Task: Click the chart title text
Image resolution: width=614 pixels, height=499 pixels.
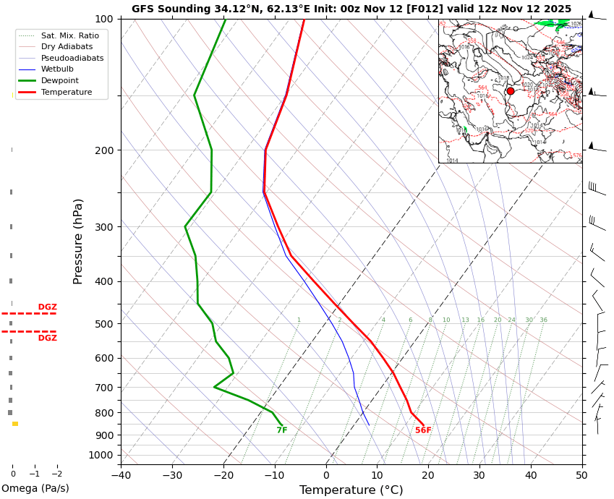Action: point(351,9)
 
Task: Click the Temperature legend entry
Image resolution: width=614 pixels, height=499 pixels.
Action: point(67,93)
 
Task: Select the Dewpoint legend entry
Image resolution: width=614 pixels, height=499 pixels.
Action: point(60,81)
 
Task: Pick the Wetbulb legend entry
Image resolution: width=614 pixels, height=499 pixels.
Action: point(57,69)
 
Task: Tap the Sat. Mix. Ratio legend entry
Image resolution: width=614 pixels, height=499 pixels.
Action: point(70,35)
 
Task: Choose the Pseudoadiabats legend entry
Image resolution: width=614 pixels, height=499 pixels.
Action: point(72,58)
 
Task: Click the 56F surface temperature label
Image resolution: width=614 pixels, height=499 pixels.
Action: point(423,431)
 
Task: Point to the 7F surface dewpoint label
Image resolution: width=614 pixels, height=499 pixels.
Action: point(282,431)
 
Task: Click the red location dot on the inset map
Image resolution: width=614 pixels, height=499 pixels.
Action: point(511,91)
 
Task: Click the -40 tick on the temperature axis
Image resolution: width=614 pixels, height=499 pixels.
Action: point(121,475)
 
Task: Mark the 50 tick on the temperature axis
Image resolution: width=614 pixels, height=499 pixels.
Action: point(582,475)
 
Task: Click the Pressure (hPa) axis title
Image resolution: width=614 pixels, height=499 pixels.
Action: point(79,241)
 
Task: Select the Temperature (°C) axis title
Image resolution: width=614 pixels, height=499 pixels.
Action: point(351,490)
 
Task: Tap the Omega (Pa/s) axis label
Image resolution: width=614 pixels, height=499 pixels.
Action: point(35,489)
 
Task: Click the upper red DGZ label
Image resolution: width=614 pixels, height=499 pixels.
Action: point(48,307)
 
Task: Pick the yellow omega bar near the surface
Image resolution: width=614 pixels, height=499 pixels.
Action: point(15,424)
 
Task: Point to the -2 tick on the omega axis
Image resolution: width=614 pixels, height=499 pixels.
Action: point(56,474)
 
